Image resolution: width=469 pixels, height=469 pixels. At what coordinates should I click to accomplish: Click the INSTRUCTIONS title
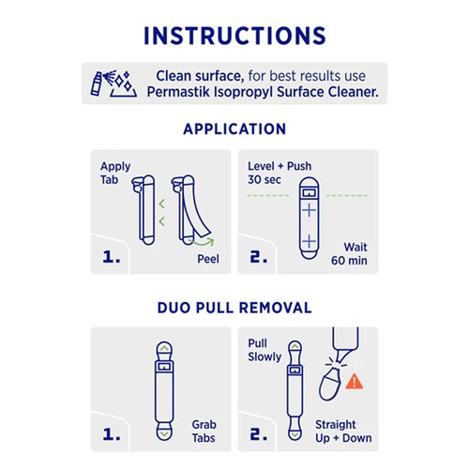234,36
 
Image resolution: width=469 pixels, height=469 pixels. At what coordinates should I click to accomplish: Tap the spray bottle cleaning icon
113,83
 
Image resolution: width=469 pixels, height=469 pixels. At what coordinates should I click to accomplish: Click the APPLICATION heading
234,129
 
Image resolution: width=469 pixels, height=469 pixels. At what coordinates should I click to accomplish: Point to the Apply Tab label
115,173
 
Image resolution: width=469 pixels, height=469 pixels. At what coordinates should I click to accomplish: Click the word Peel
208,259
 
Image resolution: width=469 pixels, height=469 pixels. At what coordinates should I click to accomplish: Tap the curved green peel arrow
204,241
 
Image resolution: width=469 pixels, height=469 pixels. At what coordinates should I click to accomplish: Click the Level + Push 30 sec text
280,173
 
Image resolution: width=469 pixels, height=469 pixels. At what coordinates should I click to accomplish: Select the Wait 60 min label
349,253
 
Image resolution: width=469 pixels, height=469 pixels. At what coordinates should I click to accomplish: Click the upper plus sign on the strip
309,210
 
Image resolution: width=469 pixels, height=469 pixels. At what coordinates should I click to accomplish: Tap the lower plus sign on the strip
309,241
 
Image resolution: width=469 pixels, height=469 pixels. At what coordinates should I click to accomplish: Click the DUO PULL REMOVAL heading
234,308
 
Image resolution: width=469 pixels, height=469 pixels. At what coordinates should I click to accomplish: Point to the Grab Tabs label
204,431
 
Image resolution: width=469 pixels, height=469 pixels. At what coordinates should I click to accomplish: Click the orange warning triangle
355,382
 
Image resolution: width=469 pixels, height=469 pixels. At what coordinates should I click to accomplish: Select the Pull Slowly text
265,350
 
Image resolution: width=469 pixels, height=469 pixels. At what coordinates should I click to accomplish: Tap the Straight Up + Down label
343,431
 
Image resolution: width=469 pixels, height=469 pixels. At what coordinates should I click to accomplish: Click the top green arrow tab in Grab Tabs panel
164,348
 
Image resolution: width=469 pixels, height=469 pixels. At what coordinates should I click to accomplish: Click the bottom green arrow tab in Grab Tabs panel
164,434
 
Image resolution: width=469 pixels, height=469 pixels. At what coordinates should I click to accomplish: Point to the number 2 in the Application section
259,257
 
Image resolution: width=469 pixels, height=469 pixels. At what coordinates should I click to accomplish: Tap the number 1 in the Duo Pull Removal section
112,434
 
